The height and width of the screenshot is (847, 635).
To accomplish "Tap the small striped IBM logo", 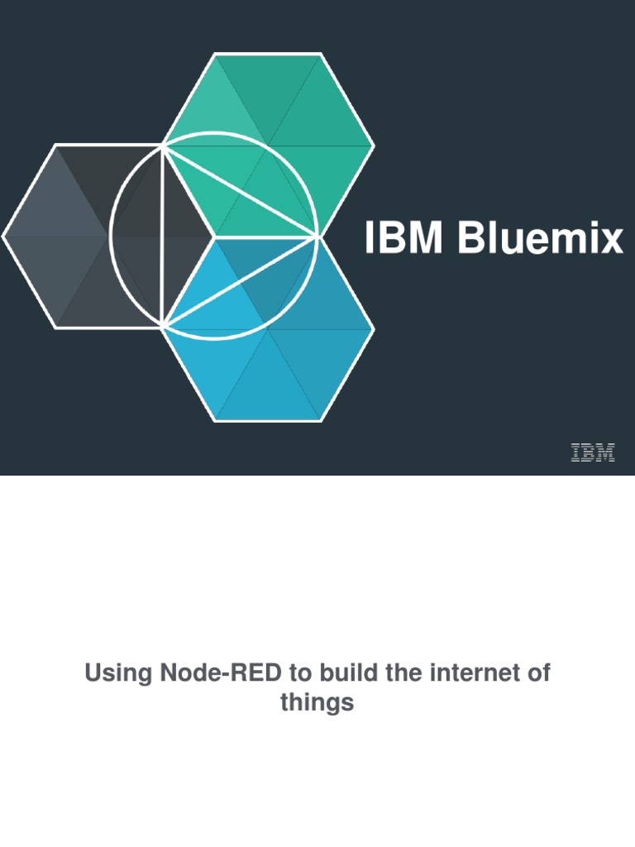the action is coord(593,452).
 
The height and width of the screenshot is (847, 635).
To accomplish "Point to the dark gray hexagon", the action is coord(66,236).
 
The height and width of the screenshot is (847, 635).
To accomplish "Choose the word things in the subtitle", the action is coord(317,703).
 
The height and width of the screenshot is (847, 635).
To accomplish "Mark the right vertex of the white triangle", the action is coord(317,237).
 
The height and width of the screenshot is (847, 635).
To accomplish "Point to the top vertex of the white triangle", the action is coord(164,146).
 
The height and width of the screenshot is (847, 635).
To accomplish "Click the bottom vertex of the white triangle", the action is coord(164,327).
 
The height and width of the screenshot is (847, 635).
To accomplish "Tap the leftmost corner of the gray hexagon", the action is coord(3,236).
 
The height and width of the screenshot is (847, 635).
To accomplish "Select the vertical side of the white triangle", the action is coord(164,237).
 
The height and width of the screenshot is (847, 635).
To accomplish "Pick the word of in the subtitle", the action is coord(539,673).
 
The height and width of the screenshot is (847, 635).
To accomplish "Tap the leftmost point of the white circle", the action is coord(110,237).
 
